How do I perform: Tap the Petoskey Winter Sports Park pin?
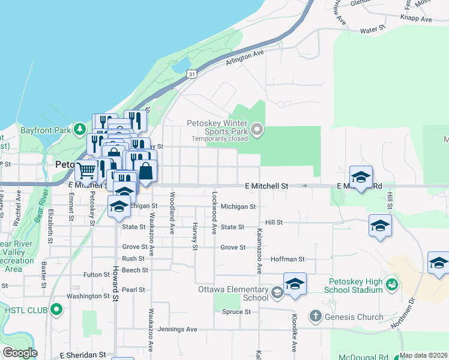258,129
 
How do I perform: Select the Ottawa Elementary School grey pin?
277,293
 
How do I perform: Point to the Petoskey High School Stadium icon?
392,284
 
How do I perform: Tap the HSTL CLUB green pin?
56,310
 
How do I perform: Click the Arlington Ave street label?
245,58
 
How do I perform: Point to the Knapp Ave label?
418,19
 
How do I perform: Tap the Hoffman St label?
288,259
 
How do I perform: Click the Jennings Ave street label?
178,329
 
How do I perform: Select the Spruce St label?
236,312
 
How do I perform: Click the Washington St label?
88,296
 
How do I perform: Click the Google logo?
20,353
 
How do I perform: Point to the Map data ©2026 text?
423,355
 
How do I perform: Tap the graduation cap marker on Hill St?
380,226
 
